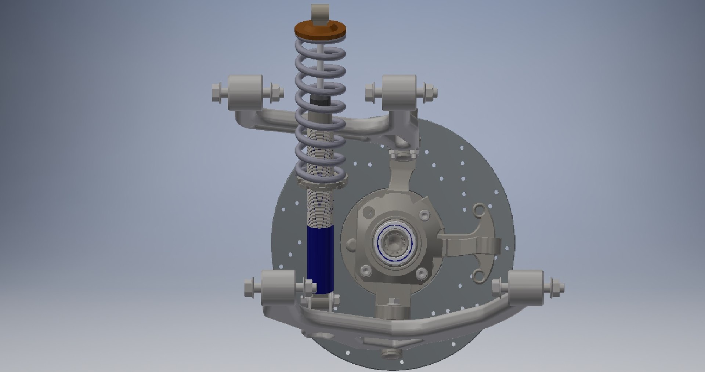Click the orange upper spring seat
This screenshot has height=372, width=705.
(x=320, y=29)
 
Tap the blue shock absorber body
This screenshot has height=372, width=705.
(x=320, y=259)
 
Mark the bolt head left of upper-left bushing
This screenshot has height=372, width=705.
(x=218, y=92)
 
